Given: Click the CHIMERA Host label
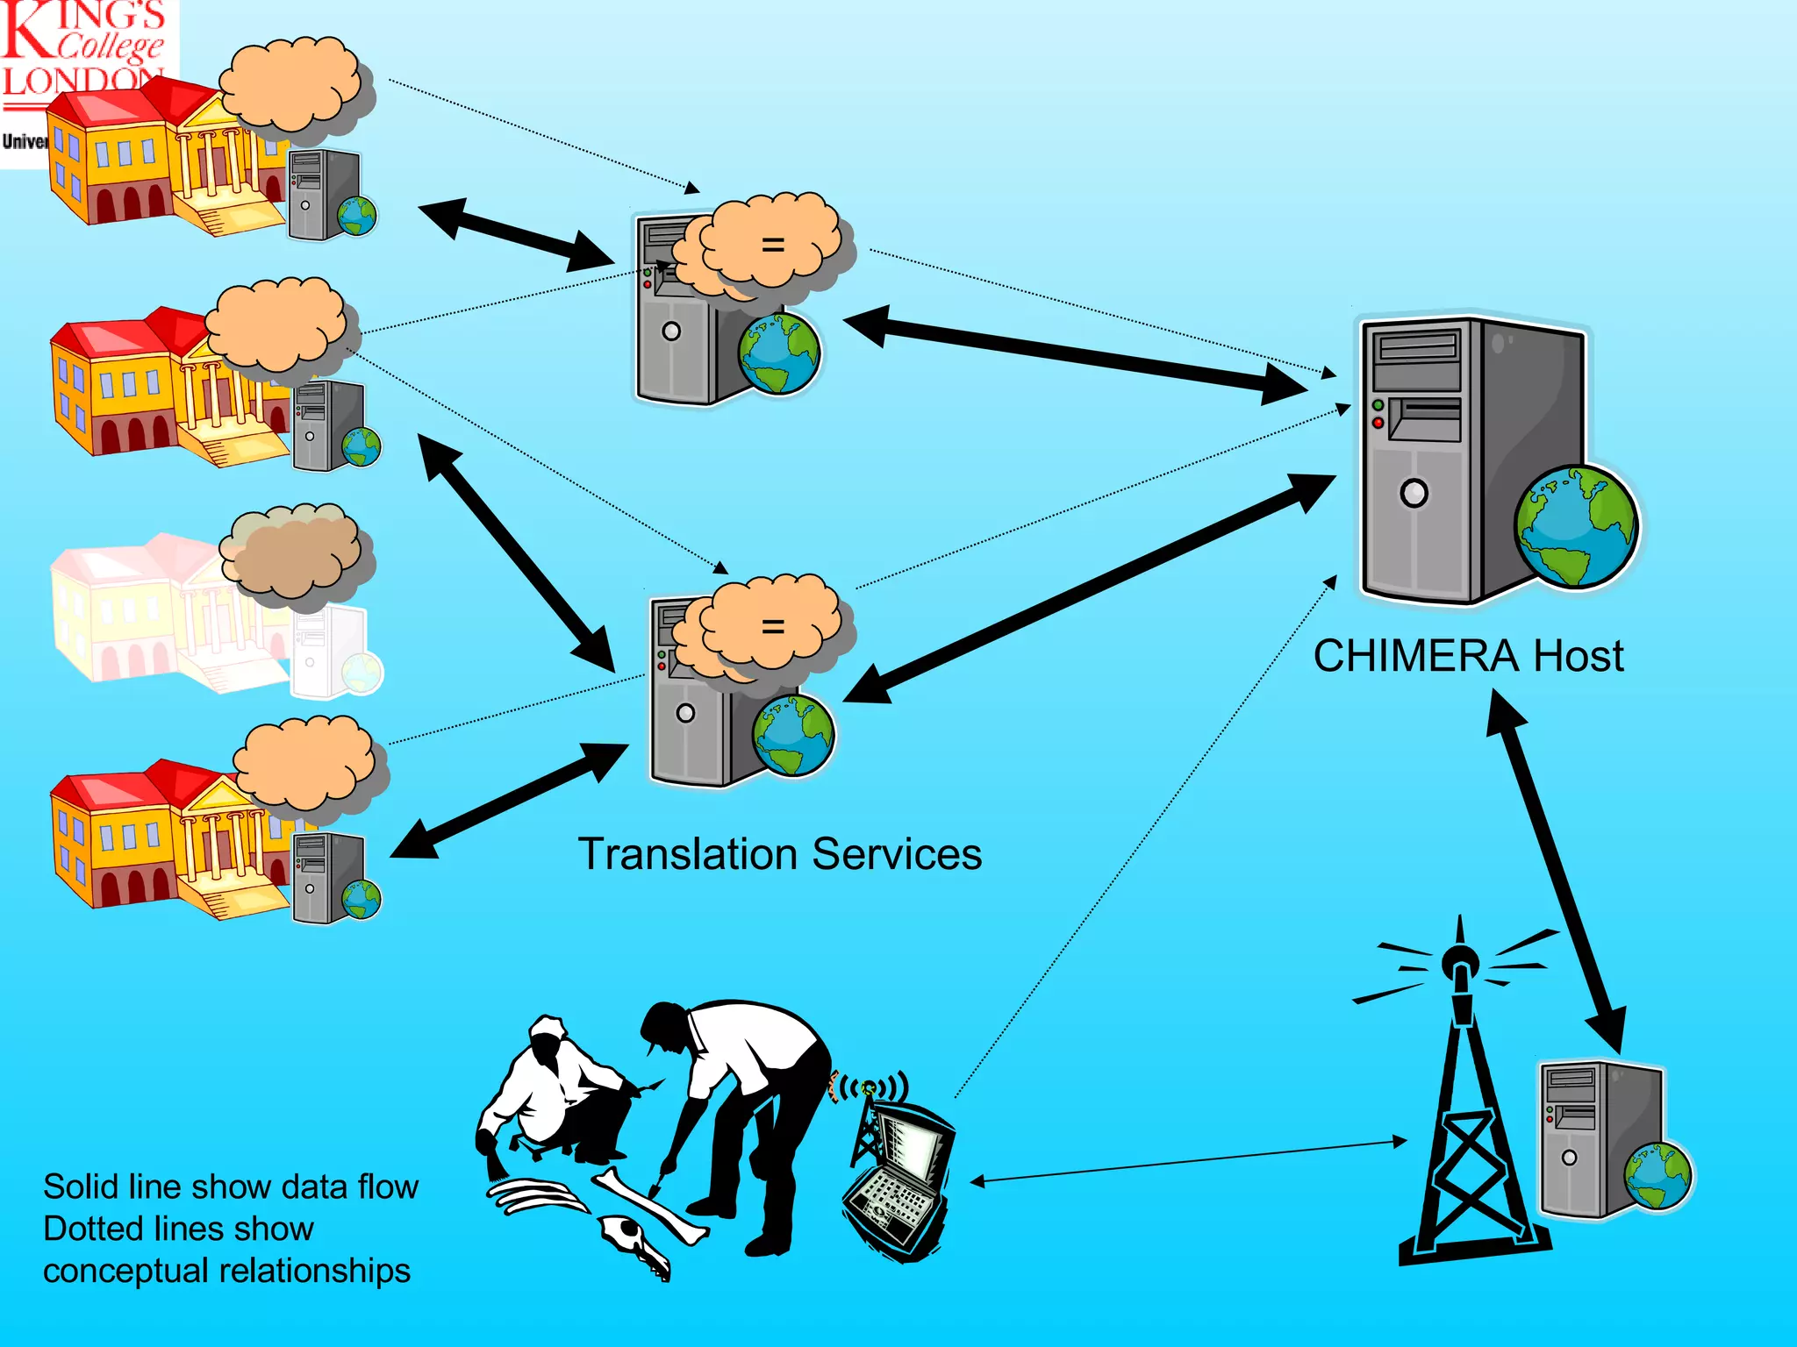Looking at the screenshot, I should coord(1468,656).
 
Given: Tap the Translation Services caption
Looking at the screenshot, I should coord(779,853).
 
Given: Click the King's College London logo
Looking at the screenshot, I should coord(83,53).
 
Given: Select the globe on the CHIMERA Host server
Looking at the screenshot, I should coord(1576,527).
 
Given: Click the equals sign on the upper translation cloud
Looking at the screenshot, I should coord(772,245).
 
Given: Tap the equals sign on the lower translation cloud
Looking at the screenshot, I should coord(772,626).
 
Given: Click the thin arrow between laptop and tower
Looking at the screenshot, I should coord(1185,1162).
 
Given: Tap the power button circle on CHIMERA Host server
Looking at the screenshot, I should coord(1414,493).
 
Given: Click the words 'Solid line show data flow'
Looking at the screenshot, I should coord(230,1187).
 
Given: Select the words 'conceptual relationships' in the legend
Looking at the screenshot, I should coord(226,1271).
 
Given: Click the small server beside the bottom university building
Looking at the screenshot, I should coord(326,877).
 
